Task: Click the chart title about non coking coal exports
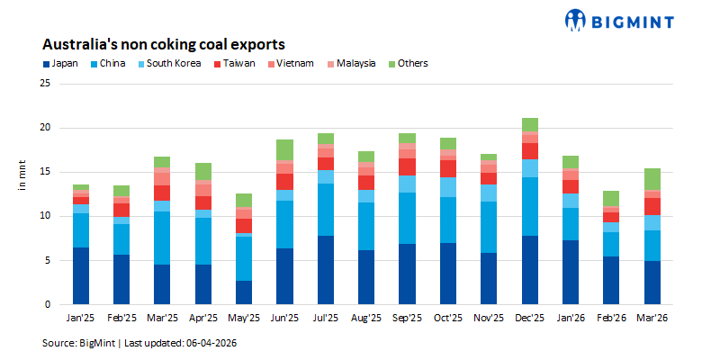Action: pyautogui.click(x=164, y=44)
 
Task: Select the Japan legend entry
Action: pyautogui.click(x=60, y=64)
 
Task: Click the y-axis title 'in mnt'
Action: pyautogui.click(x=22, y=176)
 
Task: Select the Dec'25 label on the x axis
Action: pyautogui.click(x=530, y=319)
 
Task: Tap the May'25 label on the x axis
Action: pyautogui.click(x=244, y=319)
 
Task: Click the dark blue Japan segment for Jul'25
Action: pyautogui.click(x=326, y=270)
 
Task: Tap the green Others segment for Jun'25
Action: pyautogui.click(x=285, y=149)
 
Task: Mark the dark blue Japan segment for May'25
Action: pyautogui.click(x=244, y=292)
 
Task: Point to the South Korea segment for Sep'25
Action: pyautogui.click(x=408, y=184)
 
